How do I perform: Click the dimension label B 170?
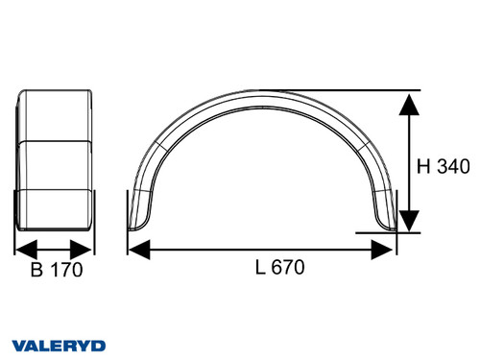pos(57,270)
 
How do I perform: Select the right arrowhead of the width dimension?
pos(87,248)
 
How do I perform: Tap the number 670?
pos(288,268)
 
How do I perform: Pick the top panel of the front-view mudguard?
pos(56,115)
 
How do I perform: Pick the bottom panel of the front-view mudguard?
pos(56,211)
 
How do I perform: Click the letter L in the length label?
pos(261,268)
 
